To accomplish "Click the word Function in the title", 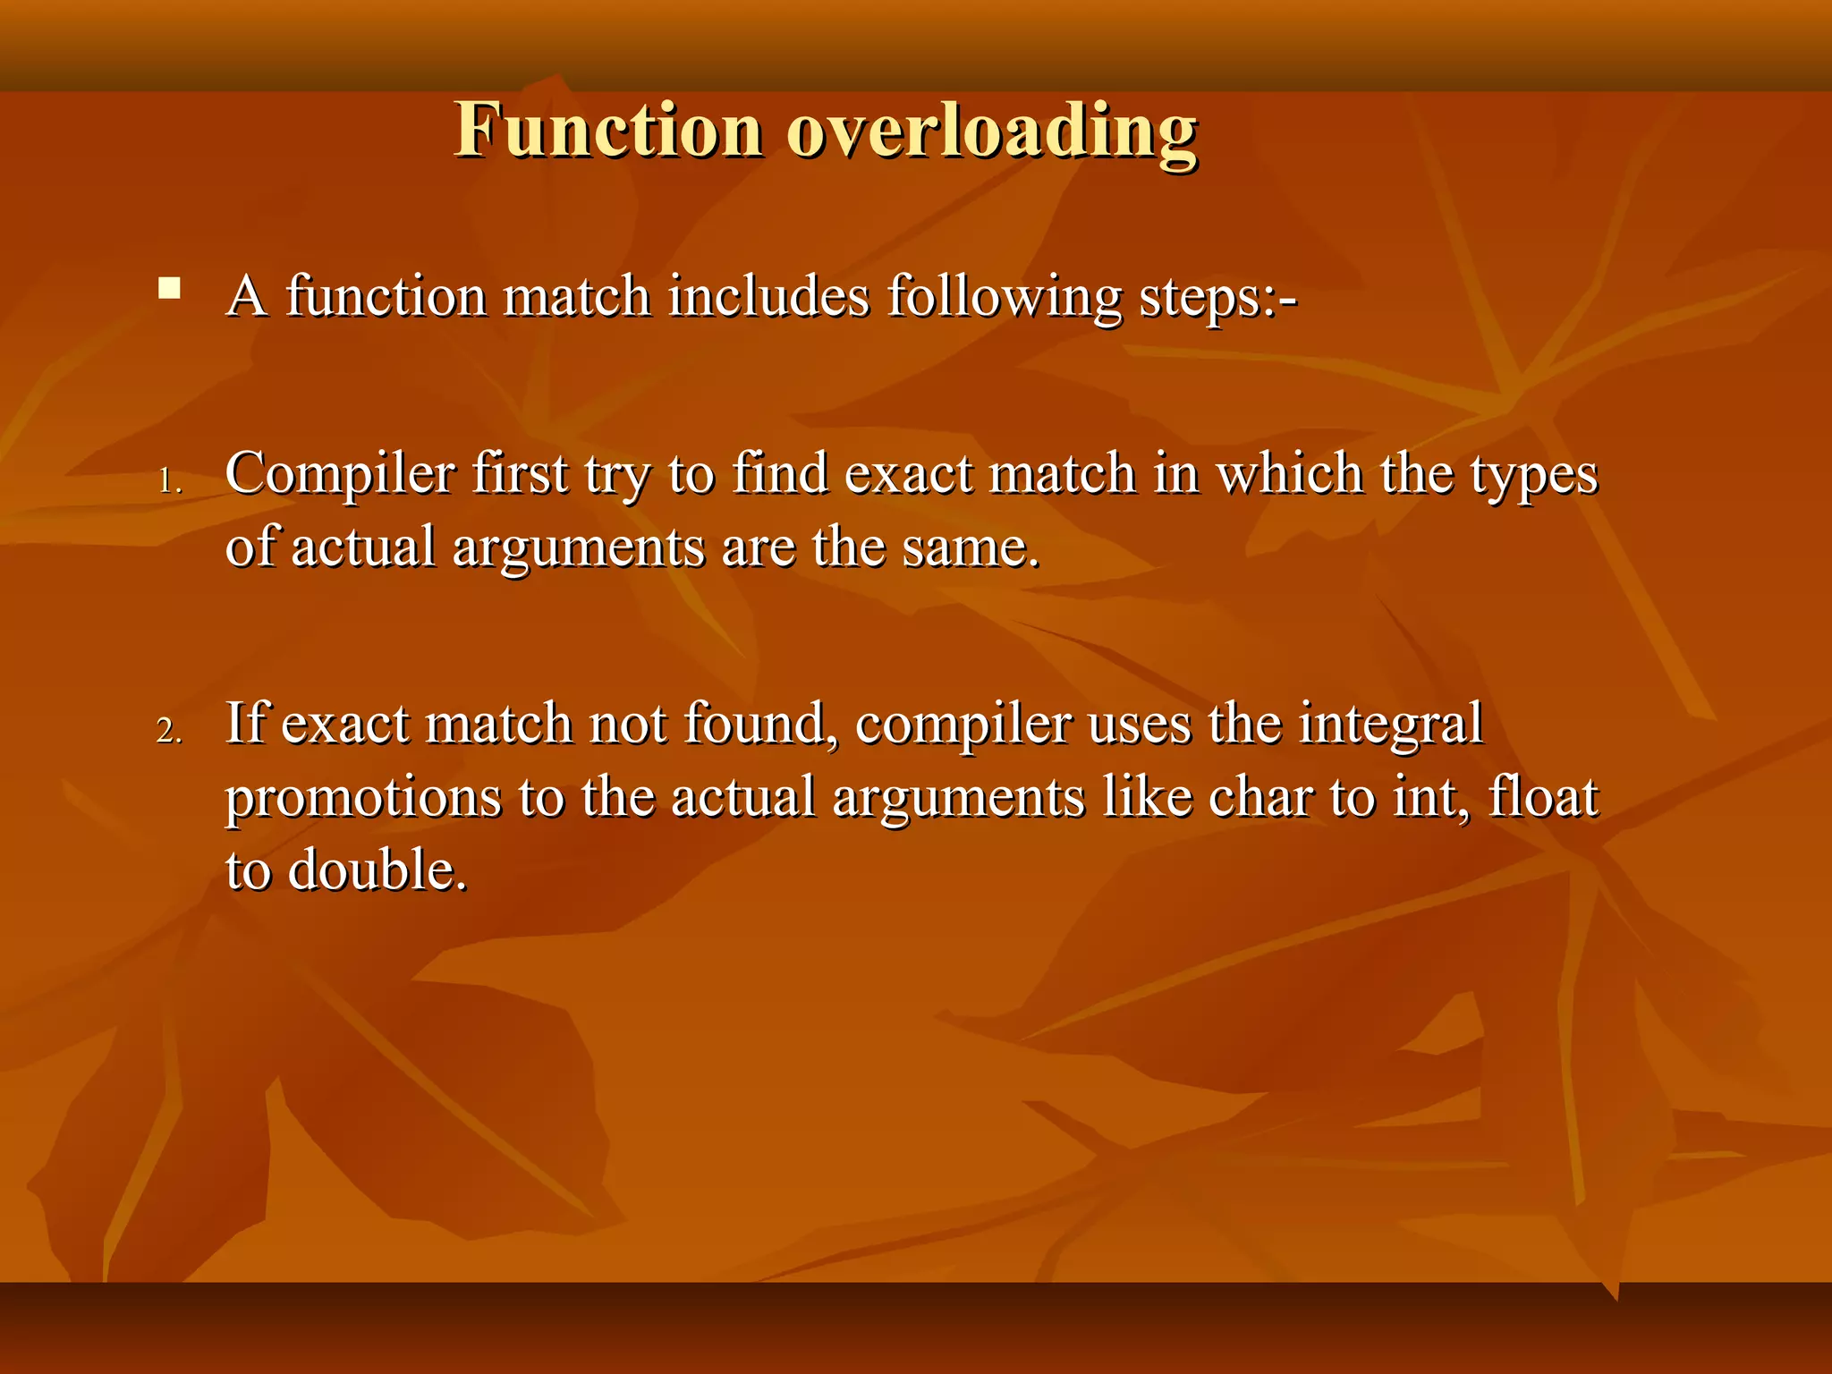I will [608, 131].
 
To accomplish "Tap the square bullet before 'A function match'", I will [169, 288].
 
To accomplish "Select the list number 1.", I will [169, 481].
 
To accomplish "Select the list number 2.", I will [169, 731].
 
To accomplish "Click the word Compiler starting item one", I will [340, 474].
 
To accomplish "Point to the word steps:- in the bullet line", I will [1217, 297].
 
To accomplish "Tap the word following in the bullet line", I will [1004, 297].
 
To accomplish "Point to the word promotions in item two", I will [362, 798].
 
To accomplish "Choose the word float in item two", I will [1543, 796].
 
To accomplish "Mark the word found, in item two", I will [761, 723].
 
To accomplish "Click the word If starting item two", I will [247, 723].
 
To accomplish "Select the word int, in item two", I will [1430, 796].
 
